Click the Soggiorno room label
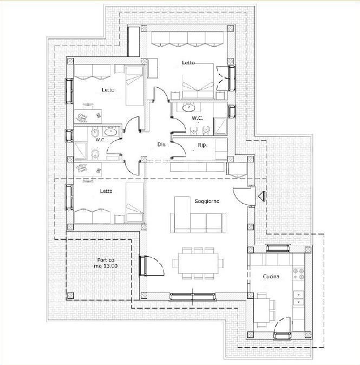click(x=207, y=201)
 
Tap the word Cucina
click(x=271, y=277)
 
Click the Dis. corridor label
click(x=161, y=145)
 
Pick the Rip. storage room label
click(x=203, y=145)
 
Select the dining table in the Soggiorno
click(x=198, y=264)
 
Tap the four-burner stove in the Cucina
click(x=298, y=274)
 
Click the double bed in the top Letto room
click(x=197, y=84)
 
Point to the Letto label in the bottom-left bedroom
click(x=107, y=191)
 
